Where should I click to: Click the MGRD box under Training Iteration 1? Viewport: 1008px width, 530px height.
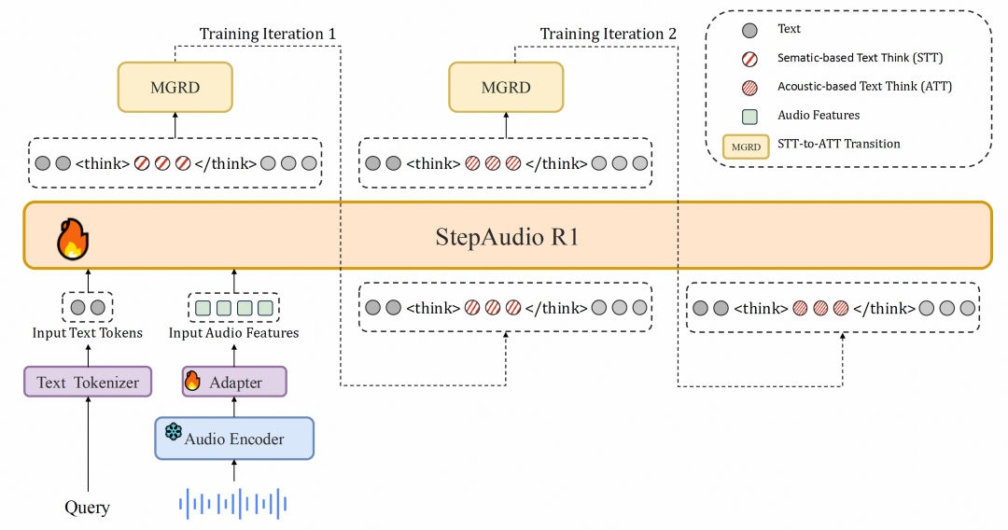point(175,87)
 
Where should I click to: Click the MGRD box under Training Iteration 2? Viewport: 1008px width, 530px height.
point(506,87)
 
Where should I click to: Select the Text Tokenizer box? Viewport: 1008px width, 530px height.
point(88,382)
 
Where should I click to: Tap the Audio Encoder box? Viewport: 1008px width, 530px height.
point(234,439)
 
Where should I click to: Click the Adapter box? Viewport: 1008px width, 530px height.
point(234,382)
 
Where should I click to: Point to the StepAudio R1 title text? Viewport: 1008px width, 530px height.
point(507,236)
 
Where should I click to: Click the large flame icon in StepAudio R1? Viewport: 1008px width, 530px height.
point(72,238)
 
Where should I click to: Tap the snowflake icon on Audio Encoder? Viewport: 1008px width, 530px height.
point(173,432)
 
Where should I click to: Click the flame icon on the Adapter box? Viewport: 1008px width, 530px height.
point(193,381)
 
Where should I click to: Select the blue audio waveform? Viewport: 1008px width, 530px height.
point(233,505)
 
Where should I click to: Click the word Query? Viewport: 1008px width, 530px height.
point(87,508)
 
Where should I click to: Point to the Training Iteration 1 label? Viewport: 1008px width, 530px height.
point(267,35)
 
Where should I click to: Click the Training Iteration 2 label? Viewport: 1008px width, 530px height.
point(608,35)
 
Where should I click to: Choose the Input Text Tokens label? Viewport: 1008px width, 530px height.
point(88,332)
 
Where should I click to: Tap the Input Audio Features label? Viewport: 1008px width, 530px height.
point(233,332)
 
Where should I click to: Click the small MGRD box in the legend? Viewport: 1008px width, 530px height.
point(745,146)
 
